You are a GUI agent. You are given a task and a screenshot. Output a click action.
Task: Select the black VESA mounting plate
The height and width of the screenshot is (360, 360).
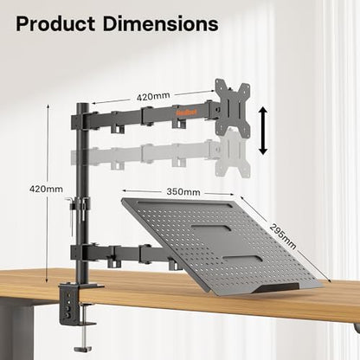tap(231, 106)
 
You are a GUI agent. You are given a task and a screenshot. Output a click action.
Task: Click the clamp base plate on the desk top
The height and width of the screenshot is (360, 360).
tap(87, 286)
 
